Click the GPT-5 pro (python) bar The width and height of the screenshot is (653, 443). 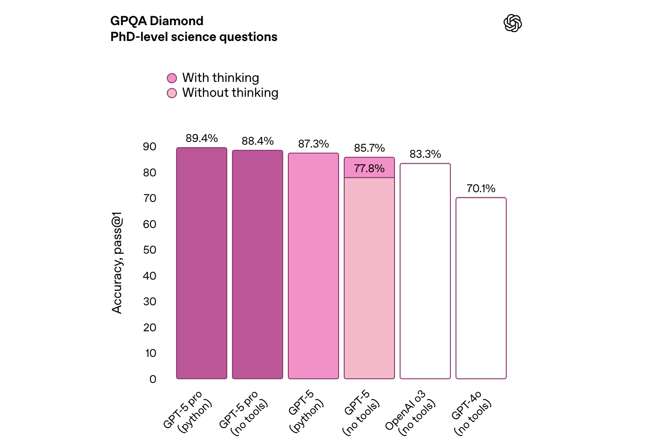[x=202, y=263]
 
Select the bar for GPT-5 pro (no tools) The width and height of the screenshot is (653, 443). [x=258, y=264]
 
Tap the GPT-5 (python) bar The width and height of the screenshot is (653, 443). [x=313, y=266]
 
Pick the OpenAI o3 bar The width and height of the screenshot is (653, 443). [x=425, y=271]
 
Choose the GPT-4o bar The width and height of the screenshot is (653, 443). [x=481, y=288]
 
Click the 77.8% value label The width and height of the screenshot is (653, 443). [x=369, y=168]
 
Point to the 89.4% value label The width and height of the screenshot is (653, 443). [x=202, y=138]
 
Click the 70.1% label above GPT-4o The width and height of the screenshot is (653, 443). [x=481, y=188]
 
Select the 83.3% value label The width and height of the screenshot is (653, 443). [x=425, y=154]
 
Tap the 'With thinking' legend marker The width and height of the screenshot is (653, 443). [x=172, y=78]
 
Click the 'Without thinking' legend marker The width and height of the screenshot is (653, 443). [x=172, y=93]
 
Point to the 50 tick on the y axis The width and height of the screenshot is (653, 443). [x=150, y=250]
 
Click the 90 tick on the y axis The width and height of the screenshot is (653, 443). [x=150, y=147]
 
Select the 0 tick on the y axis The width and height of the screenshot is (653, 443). [x=153, y=379]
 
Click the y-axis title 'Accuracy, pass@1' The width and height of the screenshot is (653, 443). [x=117, y=263]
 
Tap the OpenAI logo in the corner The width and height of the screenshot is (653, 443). [x=513, y=23]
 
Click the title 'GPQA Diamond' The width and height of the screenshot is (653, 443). [x=157, y=21]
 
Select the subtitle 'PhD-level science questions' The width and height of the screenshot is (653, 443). [x=194, y=37]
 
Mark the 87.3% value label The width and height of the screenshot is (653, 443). [x=313, y=144]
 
